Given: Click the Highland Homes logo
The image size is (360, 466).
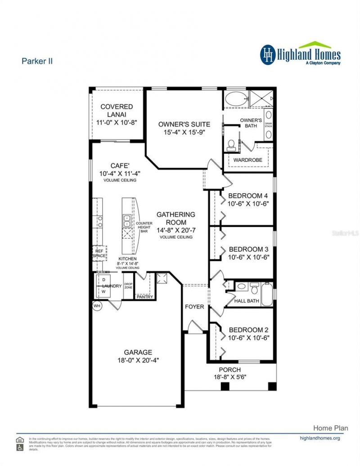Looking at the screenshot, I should coord(300,54).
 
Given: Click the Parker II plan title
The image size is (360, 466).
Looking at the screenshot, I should coord(37,61).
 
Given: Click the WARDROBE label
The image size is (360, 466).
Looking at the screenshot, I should coord(247,160).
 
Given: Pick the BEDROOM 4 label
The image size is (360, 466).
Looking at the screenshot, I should coord(248,196).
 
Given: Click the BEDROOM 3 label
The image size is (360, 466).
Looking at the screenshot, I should coord(248,249).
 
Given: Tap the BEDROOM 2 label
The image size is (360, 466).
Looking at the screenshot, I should coord(248,329).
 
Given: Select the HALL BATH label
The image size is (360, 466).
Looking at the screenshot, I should coord(247,301).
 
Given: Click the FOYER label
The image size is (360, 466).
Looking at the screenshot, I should coord(194,307).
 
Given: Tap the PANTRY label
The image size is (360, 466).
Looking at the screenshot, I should coord(145,297).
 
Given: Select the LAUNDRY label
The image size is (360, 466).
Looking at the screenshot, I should coord(112,286).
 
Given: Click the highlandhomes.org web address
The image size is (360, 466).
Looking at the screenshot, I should coord(319,438).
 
